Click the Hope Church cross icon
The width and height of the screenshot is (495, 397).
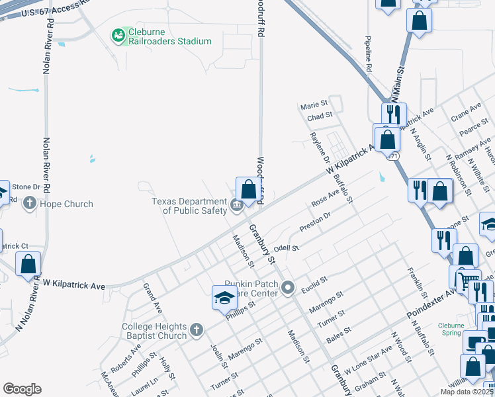tap(30, 204)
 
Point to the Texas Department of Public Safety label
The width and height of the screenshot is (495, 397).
tap(189, 206)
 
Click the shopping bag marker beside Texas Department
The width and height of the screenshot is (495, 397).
tap(248, 190)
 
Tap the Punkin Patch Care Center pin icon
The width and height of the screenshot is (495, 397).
tap(287, 288)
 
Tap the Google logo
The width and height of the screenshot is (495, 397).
tap(22, 389)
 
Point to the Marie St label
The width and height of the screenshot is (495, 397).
tap(314, 105)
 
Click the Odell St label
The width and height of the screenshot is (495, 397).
tap(287, 248)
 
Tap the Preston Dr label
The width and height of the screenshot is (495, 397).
tap(314, 222)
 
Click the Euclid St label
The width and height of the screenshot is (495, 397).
tap(314, 282)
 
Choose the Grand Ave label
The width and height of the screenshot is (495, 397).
tap(153, 298)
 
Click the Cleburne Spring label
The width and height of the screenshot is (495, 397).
tap(455, 329)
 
